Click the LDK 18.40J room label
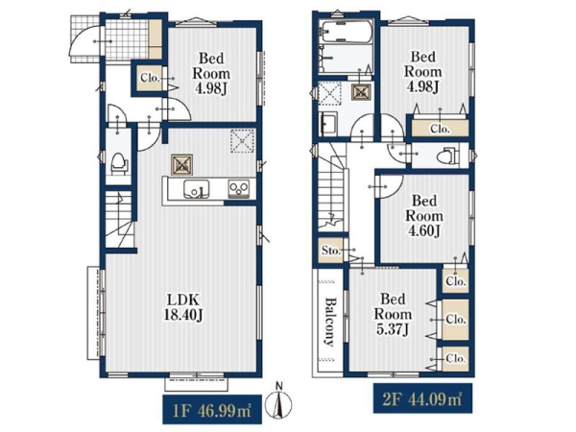tap(183, 307)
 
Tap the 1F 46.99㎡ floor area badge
tap(212, 409)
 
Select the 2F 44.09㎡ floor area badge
tap(422, 397)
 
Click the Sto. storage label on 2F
tap(330, 251)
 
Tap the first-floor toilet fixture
tap(119, 164)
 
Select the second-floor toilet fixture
tap(447, 156)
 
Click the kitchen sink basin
tap(197, 189)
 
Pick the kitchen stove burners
tap(239, 189)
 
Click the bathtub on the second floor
tap(346, 32)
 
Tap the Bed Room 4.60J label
tap(424, 216)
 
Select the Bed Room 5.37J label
tap(393, 314)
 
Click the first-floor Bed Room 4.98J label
tap(211, 74)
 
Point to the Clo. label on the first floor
tap(150, 78)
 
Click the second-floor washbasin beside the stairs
tap(328, 124)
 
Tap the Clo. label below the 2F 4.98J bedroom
tap(440, 129)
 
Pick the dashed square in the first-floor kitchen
tap(242, 140)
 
